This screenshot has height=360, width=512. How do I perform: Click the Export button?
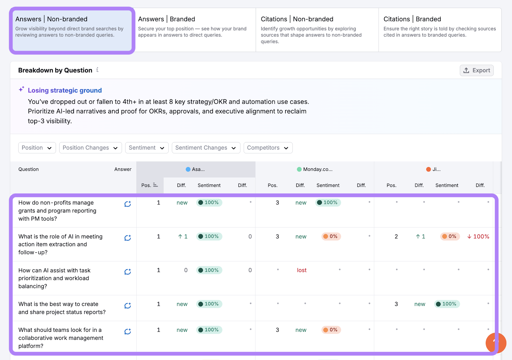[x=476, y=70]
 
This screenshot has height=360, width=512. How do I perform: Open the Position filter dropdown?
[x=37, y=148]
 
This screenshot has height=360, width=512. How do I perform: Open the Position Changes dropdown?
[x=90, y=148]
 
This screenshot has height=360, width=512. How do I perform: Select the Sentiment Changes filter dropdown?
[x=206, y=148]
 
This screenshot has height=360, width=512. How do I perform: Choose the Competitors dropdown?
[x=268, y=148]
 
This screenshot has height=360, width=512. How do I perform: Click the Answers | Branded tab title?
[x=166, y=19]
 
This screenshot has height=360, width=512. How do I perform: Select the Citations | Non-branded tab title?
[x=297, y=19]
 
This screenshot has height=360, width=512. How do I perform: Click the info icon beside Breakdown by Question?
[x=97, y=70]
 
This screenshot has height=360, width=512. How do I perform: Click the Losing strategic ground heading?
[x=65, y=91]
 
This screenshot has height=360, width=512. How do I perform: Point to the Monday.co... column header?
[x=317, y=169]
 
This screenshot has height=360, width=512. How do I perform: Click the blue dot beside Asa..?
[x=188, y=169]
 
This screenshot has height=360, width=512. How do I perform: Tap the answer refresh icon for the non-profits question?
[x=128, y=204]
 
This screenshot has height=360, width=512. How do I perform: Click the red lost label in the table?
[x=301, y=270]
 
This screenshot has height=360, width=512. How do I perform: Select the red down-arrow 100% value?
[x=478, y=236]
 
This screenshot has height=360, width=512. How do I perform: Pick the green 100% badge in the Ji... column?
[x=447, y=304]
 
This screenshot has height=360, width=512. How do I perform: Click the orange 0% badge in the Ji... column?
[x=450, y=236]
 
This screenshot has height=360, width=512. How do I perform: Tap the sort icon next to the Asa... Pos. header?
[x=156, y=185]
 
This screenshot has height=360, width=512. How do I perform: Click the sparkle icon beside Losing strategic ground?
[x=21, y=89]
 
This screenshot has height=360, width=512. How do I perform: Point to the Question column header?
[x=28, y=169]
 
